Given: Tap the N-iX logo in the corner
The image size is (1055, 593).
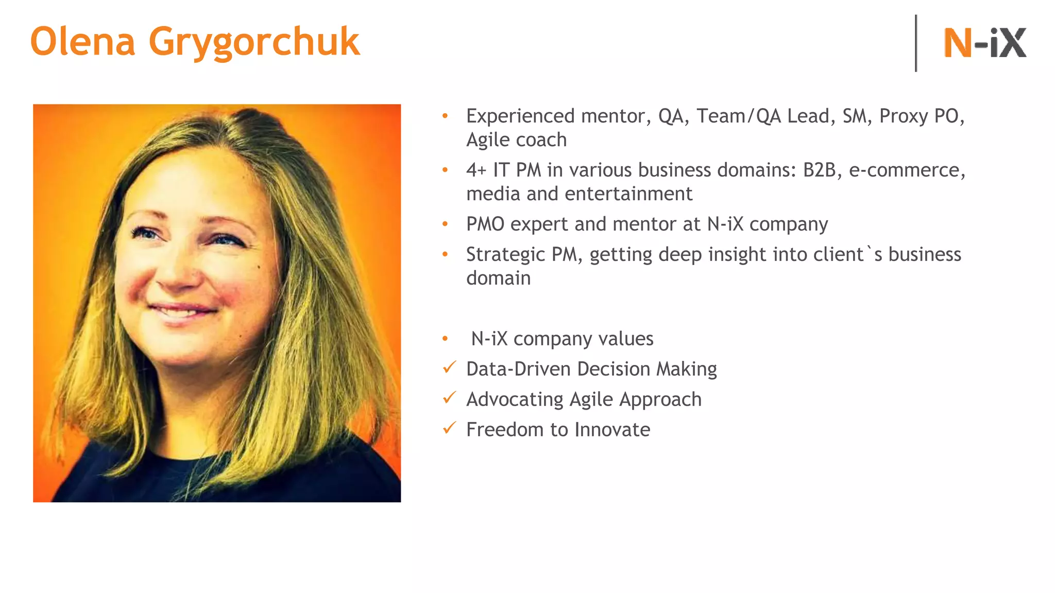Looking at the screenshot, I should [984, 43].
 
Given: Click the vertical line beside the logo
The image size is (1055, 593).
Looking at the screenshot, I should [916, 43].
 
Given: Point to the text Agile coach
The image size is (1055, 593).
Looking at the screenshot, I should [516, 140].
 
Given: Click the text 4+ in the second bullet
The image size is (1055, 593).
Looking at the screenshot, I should [476, 170].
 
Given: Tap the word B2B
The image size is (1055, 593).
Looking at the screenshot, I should [819, 170].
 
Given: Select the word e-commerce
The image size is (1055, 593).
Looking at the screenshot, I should [907, 170].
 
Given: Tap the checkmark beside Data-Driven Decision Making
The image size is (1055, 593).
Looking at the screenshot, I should [449, 368].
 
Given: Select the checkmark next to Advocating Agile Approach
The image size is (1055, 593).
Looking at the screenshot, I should [449, 398].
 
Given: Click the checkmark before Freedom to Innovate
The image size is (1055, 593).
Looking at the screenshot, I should [449, 428].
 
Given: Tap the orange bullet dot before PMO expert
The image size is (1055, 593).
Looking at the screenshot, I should [445, 224].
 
